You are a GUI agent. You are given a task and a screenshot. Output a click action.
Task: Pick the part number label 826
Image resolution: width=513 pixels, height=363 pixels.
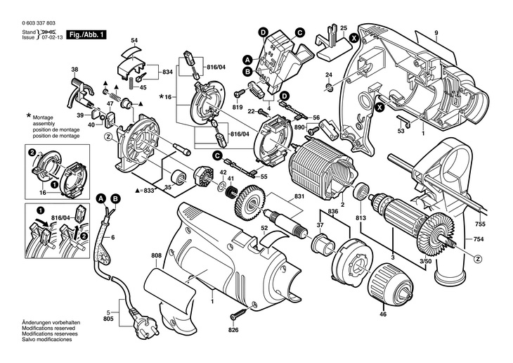tap(233, 329)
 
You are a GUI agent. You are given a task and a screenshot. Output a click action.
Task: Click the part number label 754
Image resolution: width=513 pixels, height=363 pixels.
tap(480, 239)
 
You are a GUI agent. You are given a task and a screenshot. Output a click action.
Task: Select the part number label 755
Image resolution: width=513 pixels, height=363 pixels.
tap(480, 225)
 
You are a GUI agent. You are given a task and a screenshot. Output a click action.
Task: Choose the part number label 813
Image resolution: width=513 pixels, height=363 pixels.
tap(361, 217)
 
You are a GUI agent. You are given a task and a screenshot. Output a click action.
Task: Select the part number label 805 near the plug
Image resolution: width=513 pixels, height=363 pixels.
tap(108, 319)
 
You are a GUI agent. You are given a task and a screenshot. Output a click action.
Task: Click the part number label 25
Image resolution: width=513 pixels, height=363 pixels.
tap(344, 27)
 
